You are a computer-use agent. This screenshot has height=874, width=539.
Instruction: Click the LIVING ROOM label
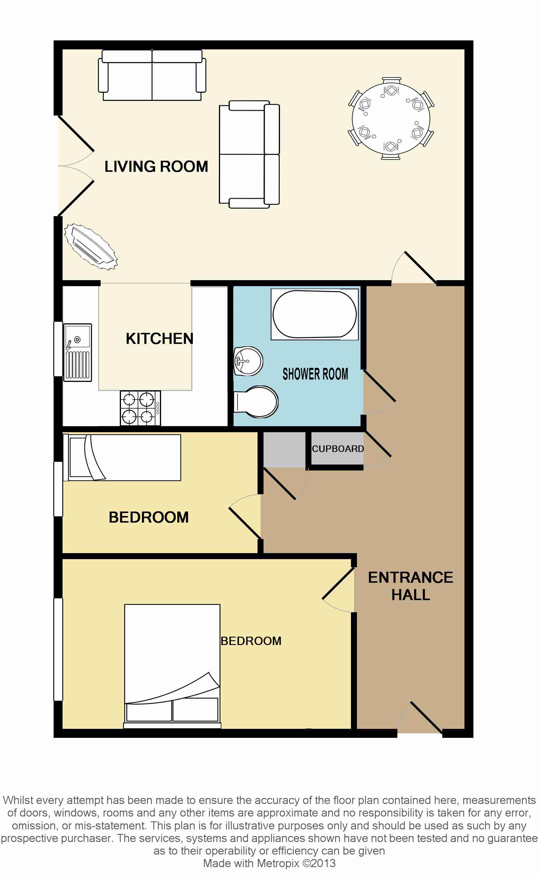[x=156, y=166]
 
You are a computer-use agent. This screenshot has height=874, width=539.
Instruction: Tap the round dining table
[x=391, y=118]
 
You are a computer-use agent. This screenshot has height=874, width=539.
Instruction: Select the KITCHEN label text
[x=159, y=339]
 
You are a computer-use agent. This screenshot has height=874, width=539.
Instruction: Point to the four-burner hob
[x=140, y=408]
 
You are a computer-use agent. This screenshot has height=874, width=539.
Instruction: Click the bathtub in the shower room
[x=314, y=314]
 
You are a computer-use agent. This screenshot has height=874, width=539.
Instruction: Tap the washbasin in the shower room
[x=248, y=361]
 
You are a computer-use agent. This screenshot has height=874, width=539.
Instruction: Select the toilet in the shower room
[x=256, y=402]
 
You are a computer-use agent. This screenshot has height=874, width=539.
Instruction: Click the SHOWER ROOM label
[x=315, y=374]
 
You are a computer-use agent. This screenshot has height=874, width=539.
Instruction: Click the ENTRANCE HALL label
[x=411, y=586]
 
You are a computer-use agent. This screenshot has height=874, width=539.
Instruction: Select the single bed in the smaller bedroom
[x=122, y=457]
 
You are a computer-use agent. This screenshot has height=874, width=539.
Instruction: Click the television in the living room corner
[x=90, y=246]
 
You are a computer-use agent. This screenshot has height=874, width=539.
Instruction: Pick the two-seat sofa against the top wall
[x=152, y=75]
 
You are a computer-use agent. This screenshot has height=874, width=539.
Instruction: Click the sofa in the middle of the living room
[x=249, y=154]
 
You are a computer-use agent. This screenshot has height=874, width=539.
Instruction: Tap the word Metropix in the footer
[x=279, y=863]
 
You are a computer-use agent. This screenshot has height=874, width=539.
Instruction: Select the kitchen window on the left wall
[x=58, y=349]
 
